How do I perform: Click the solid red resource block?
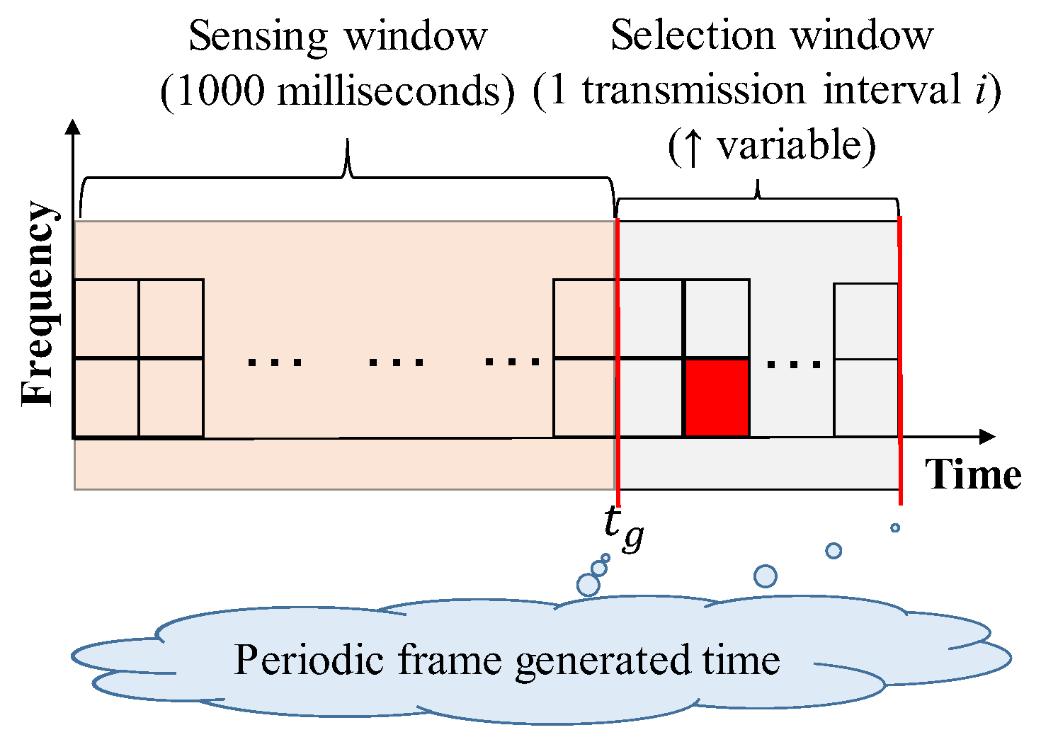pyautogui.click(x=717, y=398)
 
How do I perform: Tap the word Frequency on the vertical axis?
pyautogui.click(x=37, y=304)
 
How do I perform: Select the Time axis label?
pyautogui.click(x=973, y=474)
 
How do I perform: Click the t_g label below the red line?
pyautogui.click(x=624, y=528)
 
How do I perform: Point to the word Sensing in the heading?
pyautogui.click(x=258, y=36)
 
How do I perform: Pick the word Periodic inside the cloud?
pyautogui.click(x=309, y=660)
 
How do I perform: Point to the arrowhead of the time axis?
pyautogui.click(x=987, y=437)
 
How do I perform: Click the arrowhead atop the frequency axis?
pyautogui.click(x=72, y=127)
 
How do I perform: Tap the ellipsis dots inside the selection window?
pyautogui.click(x=793, y=365)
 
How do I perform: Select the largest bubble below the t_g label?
pyautogui.click(x=588, y=585)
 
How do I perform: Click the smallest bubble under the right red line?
pyautogui.click(x=895, y=527)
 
